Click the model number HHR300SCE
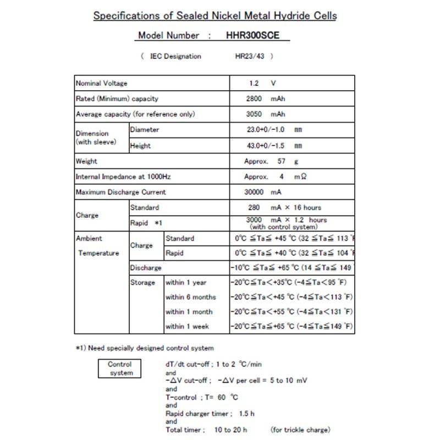252,36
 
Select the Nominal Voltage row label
101,83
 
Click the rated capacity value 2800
254,99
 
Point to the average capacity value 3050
254,114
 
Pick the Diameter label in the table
145,130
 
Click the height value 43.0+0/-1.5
267,146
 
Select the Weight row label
86,161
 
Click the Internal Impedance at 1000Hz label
123,177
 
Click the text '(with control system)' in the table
283,227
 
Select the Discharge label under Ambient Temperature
146,268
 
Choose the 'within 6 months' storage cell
191,297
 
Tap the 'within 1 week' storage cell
188,326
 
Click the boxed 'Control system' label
120,369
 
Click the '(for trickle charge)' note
300,430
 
